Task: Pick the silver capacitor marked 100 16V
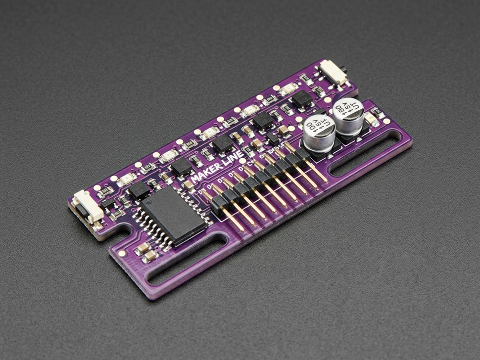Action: (319, 131)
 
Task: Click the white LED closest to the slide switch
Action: (288, 89)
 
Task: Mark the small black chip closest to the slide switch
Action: (301, 99)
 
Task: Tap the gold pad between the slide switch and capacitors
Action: (328, 100)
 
